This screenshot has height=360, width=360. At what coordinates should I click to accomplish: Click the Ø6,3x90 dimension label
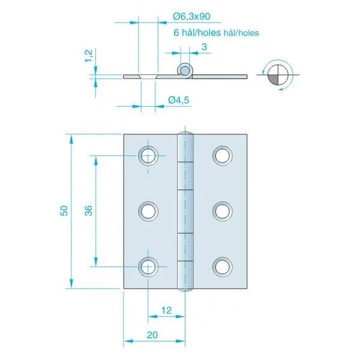point(191,17)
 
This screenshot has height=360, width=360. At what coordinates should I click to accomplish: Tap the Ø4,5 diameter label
point(179,100)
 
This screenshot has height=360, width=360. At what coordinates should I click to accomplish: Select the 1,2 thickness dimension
point(89,56)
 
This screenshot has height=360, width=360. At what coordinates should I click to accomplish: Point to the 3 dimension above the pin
point(204,47)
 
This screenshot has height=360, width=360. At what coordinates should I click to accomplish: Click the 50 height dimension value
point(64,211)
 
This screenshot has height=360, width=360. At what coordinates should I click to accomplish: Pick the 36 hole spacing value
point(89,211)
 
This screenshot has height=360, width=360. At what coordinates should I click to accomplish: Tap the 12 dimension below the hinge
point(166,310)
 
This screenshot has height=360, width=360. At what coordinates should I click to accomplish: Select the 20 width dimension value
point(152,335)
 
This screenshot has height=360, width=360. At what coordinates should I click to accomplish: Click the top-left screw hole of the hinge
point(148,155)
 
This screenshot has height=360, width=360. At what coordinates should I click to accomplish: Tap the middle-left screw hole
point(148,211)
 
